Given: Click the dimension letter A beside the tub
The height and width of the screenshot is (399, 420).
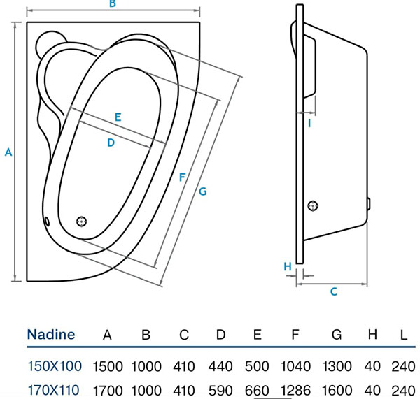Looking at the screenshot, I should click(8, 152).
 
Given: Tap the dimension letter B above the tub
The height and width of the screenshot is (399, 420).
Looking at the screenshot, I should click(111, 5).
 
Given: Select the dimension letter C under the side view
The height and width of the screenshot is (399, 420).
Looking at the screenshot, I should click(334, 291).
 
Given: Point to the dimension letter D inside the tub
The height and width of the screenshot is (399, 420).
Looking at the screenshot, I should click(111, 143).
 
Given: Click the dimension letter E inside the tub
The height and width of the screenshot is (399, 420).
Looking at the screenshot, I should click(118, 117).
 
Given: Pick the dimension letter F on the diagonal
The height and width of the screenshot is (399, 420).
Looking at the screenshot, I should click(182, 177).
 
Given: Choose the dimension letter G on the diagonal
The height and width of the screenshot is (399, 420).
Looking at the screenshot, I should click(202, 191).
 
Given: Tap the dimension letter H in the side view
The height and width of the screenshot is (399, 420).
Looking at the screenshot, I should click(287, 266).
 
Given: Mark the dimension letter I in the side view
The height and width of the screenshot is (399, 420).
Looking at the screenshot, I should click(309, 124).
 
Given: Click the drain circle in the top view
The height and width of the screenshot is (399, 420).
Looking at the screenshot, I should click(81, 221).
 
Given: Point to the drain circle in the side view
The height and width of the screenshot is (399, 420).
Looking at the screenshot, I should click(312, 205).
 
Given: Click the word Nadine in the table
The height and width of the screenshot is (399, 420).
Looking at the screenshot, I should click(51, 335).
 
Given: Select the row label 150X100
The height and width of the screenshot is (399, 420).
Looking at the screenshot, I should click(55, 366).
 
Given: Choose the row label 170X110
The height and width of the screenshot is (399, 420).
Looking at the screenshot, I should click(55, 389).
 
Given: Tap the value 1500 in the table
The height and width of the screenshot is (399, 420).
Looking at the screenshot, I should click(107, 366).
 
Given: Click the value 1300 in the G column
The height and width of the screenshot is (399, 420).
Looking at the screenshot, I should click(337, 366).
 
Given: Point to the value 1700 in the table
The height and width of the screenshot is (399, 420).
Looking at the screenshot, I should click(107, 389).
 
